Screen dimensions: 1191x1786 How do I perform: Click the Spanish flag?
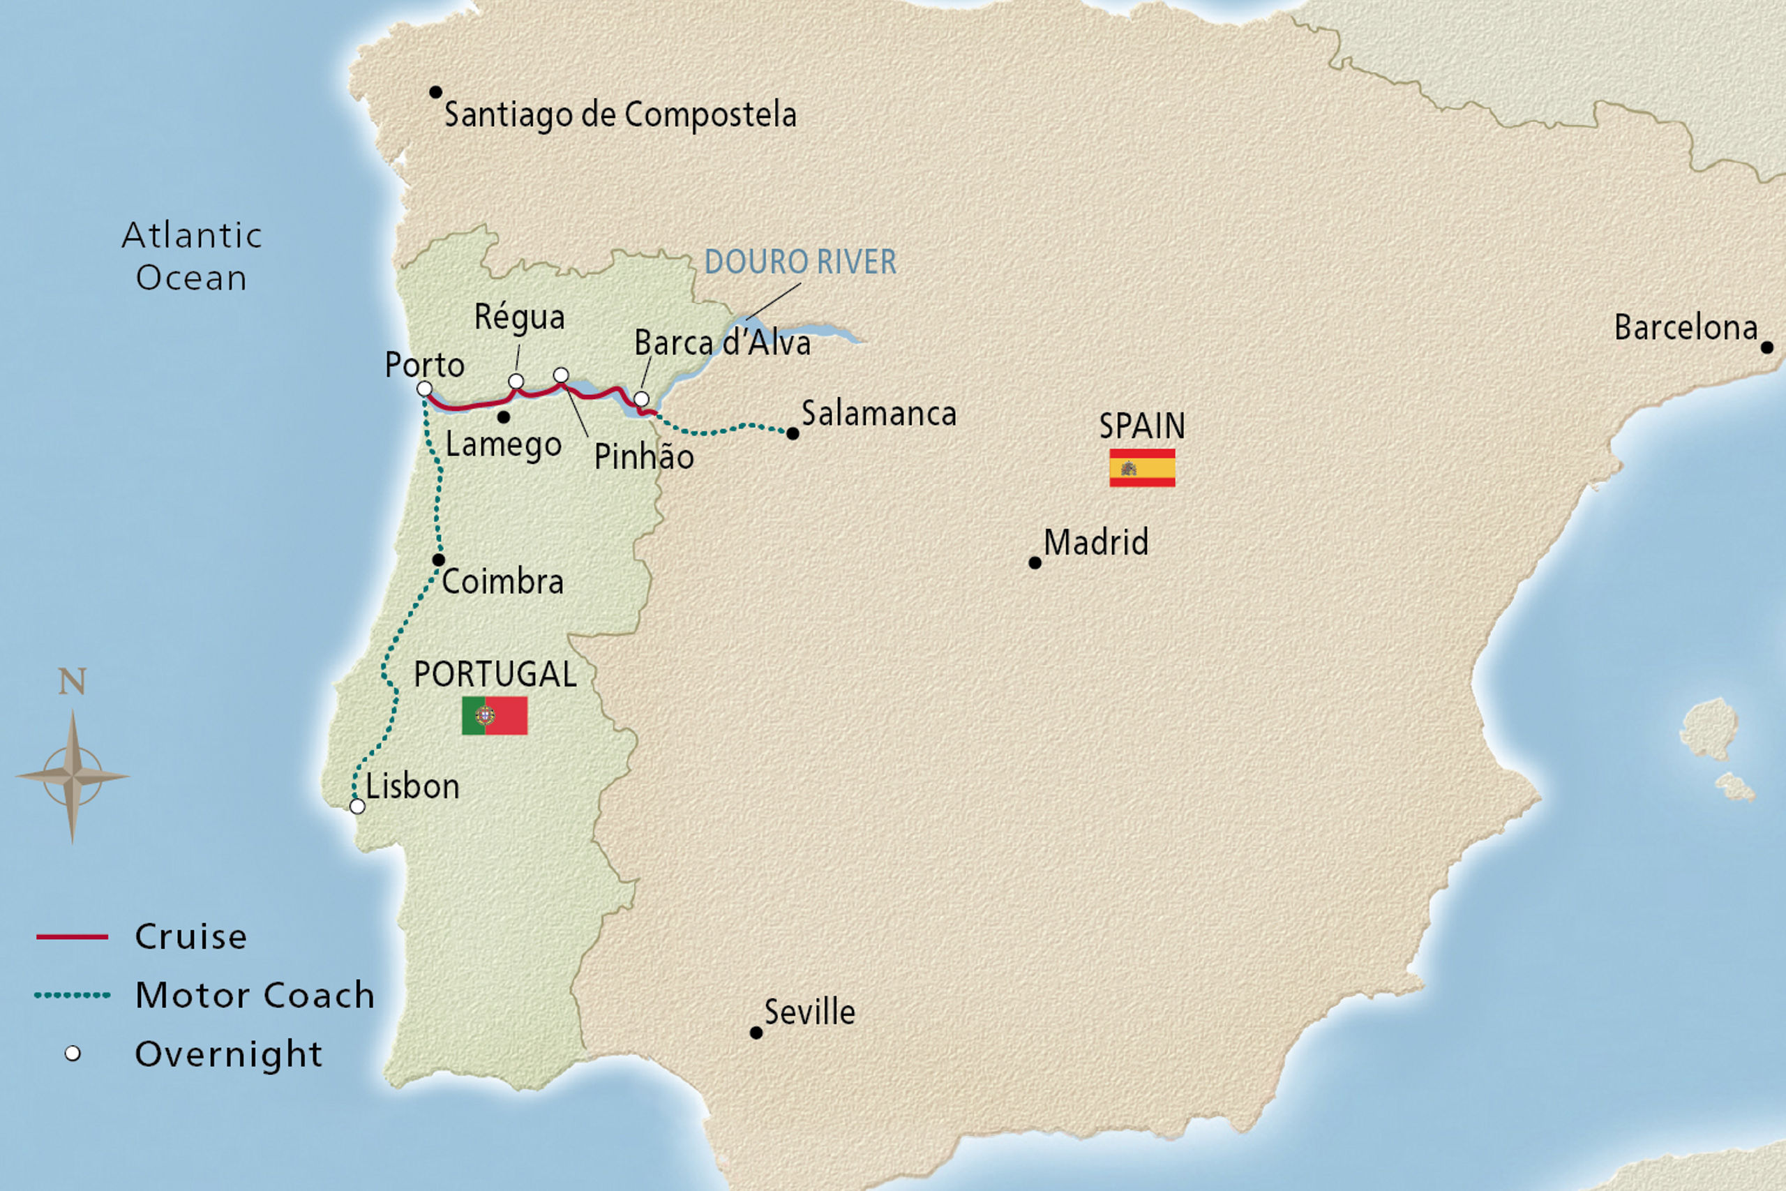(1142, 467)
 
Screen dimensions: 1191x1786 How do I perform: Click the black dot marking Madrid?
(1034, 563)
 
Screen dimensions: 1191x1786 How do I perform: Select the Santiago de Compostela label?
(620, 114)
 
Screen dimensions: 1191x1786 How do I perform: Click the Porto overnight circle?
(424, 389)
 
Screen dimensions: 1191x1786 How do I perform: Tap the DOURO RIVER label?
(800, 262)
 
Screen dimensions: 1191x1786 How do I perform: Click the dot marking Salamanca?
(792, 434)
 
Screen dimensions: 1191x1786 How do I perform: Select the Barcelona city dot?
(1767, 348)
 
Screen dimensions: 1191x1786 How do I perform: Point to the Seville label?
(809, 1012)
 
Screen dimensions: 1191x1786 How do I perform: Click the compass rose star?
(72, 777)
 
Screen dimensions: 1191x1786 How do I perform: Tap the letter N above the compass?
(72, 682)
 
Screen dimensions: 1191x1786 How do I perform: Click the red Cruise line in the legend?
(72, 936)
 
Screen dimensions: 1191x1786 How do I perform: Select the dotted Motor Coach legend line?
(72, 995)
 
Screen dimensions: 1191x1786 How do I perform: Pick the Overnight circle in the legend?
(72, 1054)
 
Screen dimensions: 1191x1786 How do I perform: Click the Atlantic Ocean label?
(191, 256)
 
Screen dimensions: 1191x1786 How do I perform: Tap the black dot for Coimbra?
(438, 560)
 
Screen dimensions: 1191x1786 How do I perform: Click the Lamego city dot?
(504, 417)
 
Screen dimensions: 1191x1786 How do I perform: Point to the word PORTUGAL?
(495, 674)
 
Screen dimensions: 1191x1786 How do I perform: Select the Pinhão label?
(643, 456)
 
